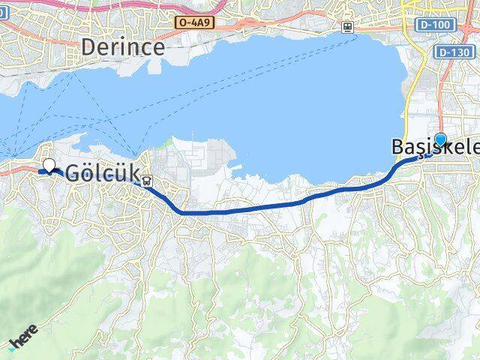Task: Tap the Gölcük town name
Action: click(103, 173)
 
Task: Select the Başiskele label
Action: click(435, 148)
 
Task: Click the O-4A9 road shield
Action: click(195, 23)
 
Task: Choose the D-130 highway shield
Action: click(454, 52)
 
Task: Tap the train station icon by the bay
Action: click(347, 27)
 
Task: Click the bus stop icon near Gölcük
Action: click(147, 181)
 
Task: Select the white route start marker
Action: click(49, 166)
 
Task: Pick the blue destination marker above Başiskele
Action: click(440, 139)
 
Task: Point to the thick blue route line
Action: click(247, 211)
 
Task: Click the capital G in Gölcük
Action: click(74, 173)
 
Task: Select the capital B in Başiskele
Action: click(398, 148)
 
